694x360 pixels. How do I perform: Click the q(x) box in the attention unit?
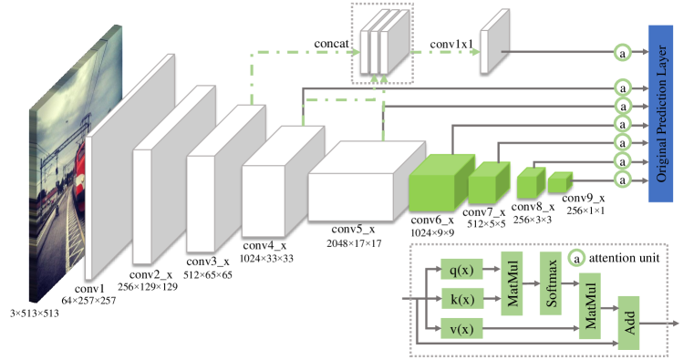coord(461,270)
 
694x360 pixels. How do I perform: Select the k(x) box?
coord(461,299)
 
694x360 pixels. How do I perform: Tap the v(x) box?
coord(461,329)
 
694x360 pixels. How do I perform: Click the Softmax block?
coord(551,283)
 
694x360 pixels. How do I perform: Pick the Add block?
coord(629,323)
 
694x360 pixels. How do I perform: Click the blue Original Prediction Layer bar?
coord(661,114)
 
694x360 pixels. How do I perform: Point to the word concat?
coord(332,44)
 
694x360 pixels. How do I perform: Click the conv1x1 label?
coord(451,45)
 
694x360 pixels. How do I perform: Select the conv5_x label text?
coord(353,229)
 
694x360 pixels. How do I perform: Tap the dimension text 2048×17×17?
coord(354,243)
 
